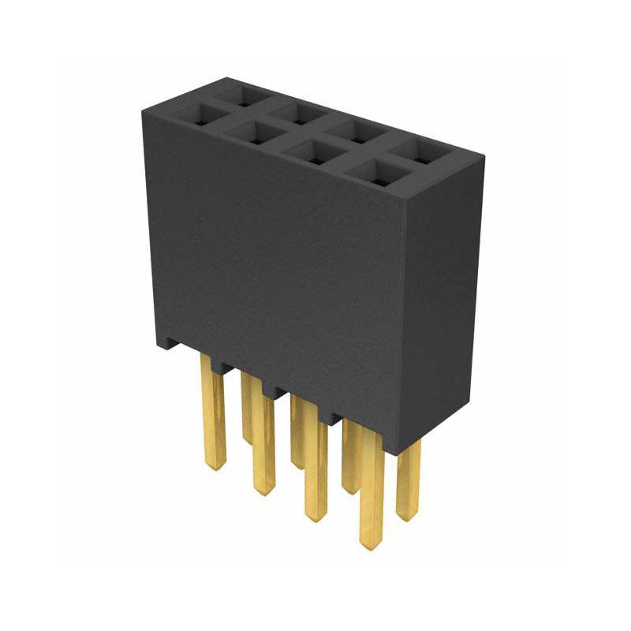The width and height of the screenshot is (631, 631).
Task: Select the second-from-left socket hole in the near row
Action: tap(252, 133)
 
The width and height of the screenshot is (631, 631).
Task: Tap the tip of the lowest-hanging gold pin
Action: tap(368, 544)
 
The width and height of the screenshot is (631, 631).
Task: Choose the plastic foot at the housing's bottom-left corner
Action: tap(168, 345)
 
